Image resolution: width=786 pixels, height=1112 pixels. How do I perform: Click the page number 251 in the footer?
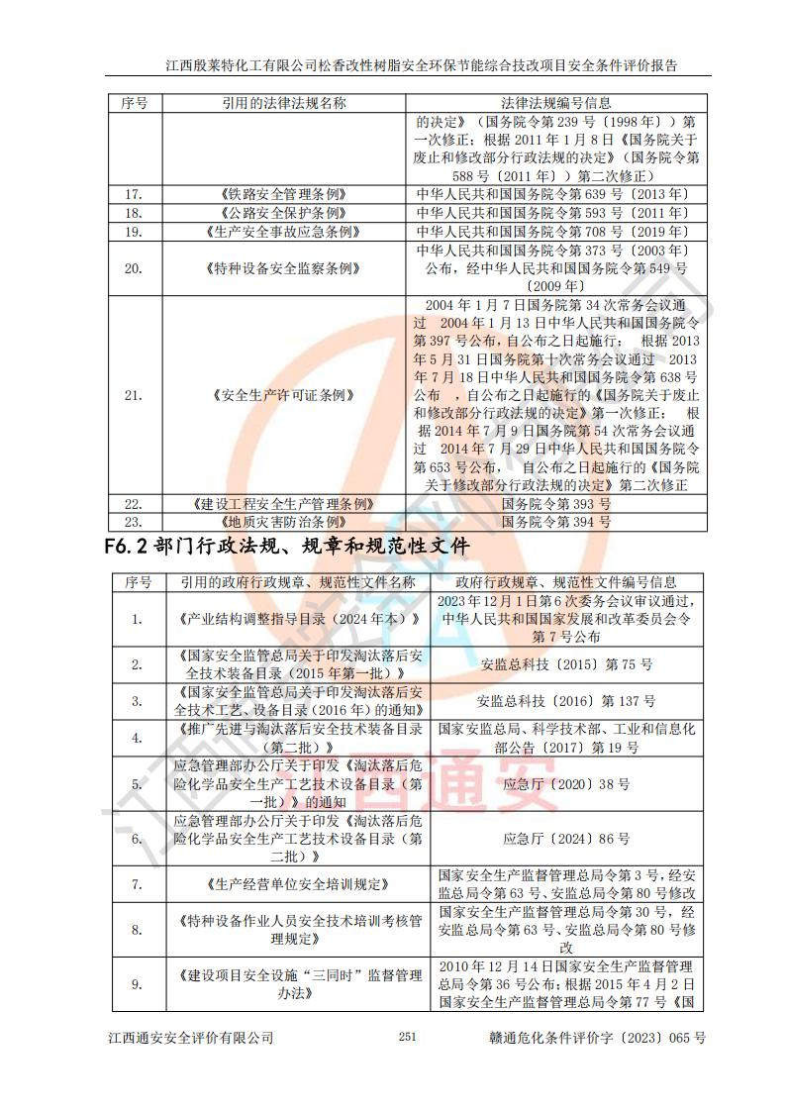[x=407, y=1037]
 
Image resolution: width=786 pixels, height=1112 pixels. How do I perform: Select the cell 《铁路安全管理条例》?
[x=283, y=194]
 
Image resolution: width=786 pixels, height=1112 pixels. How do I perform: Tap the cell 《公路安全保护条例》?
[x=283, y=213]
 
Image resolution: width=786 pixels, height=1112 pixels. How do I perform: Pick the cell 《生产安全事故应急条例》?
[x=283, y=231]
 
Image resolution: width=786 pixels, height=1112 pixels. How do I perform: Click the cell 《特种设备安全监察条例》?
[x=283, y=267]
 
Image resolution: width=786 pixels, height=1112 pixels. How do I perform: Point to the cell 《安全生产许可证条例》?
[x=283, y=394]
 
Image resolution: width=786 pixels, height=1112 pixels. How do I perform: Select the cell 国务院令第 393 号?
[x=556, y=503]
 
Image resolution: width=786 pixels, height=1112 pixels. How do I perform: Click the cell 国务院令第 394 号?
[x=556, y=521]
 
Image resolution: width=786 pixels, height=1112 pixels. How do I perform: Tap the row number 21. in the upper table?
[x=134, y=394]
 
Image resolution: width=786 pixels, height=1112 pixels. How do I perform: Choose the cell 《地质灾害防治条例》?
[x=283, y=521]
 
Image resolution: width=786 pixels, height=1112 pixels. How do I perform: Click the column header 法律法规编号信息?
[x=556, y=102]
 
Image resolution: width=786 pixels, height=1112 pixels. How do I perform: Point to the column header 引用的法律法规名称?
[x=283, y=102]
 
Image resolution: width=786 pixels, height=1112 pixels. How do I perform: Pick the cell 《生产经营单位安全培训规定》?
[x=298, y=883]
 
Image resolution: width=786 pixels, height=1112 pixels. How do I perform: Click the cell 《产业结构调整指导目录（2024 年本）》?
[x=298, y=619]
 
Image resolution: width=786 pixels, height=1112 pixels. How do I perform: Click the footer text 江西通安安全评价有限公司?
[x=190, y=1037]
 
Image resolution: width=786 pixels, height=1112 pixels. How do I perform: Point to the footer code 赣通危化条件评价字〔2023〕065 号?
[x=597, y=1037]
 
